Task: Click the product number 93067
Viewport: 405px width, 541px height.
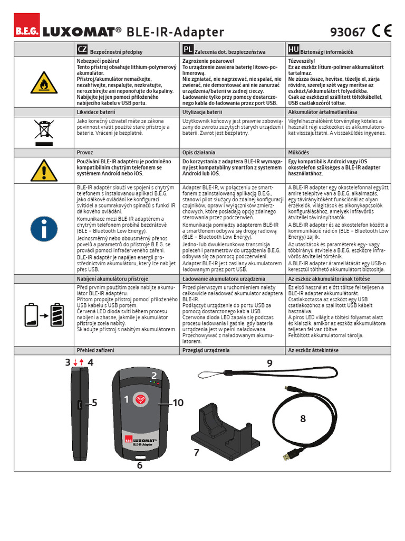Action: (347, 32)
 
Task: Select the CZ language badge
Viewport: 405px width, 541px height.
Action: (82, 50)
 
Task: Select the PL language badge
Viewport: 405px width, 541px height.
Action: (187, 50)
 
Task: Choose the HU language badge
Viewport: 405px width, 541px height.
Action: (293, 50)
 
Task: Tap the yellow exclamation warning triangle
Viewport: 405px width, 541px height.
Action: (44, 170)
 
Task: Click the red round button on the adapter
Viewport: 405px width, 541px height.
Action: (140, 399)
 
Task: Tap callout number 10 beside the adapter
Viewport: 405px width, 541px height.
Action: (177, 403)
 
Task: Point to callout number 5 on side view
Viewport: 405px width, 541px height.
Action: (94, 403)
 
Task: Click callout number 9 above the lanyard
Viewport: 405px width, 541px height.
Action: (269, 363)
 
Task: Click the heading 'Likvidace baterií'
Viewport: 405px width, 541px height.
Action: (97, 112)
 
